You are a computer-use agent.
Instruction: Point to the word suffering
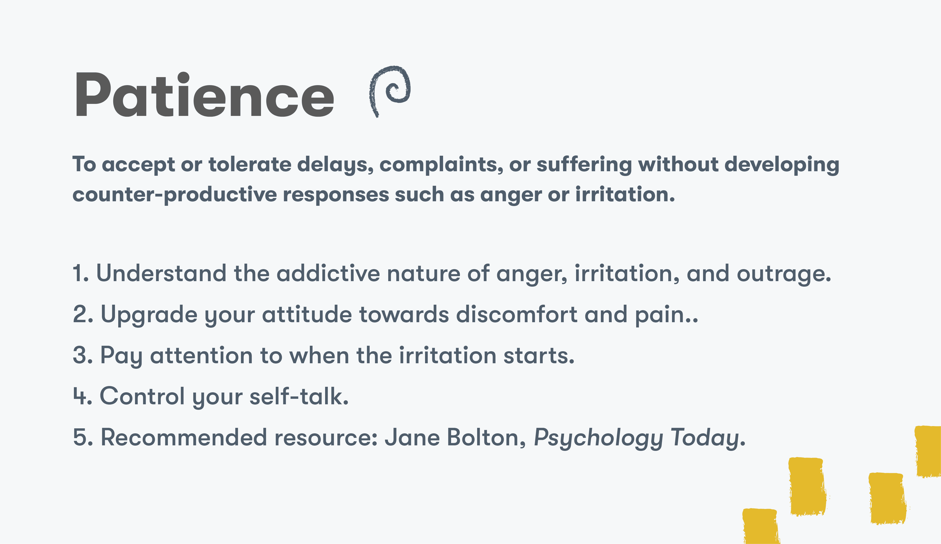[584, 165]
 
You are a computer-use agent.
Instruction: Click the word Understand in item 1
[161, 273]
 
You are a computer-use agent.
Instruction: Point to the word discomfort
[516, 314]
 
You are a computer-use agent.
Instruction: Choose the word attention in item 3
[201, 355]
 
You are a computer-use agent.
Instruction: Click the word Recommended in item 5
[184, 437]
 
